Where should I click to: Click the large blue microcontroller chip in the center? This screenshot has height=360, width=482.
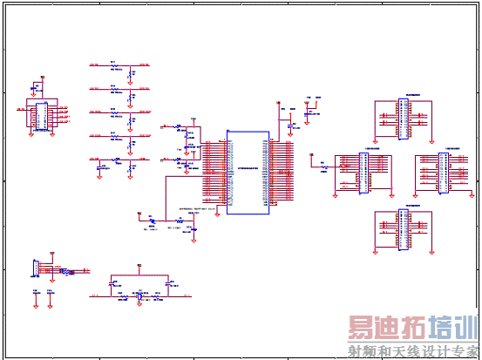click(x=248, y=173)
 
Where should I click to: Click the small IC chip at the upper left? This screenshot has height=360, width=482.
click(x=41, y=116)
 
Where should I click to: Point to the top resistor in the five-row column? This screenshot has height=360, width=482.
click(x=113, y=65)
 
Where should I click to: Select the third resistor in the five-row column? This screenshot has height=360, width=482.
click(x=113, y=112)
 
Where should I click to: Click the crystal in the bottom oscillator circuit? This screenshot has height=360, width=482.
click(x=139, y=297)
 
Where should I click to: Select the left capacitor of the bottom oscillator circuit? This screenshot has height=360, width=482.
click(x=111, y=284)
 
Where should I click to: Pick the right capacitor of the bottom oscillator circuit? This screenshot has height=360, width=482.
click(x=167, y=284)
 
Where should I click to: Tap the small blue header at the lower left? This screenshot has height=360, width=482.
click(x=36, y=269)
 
